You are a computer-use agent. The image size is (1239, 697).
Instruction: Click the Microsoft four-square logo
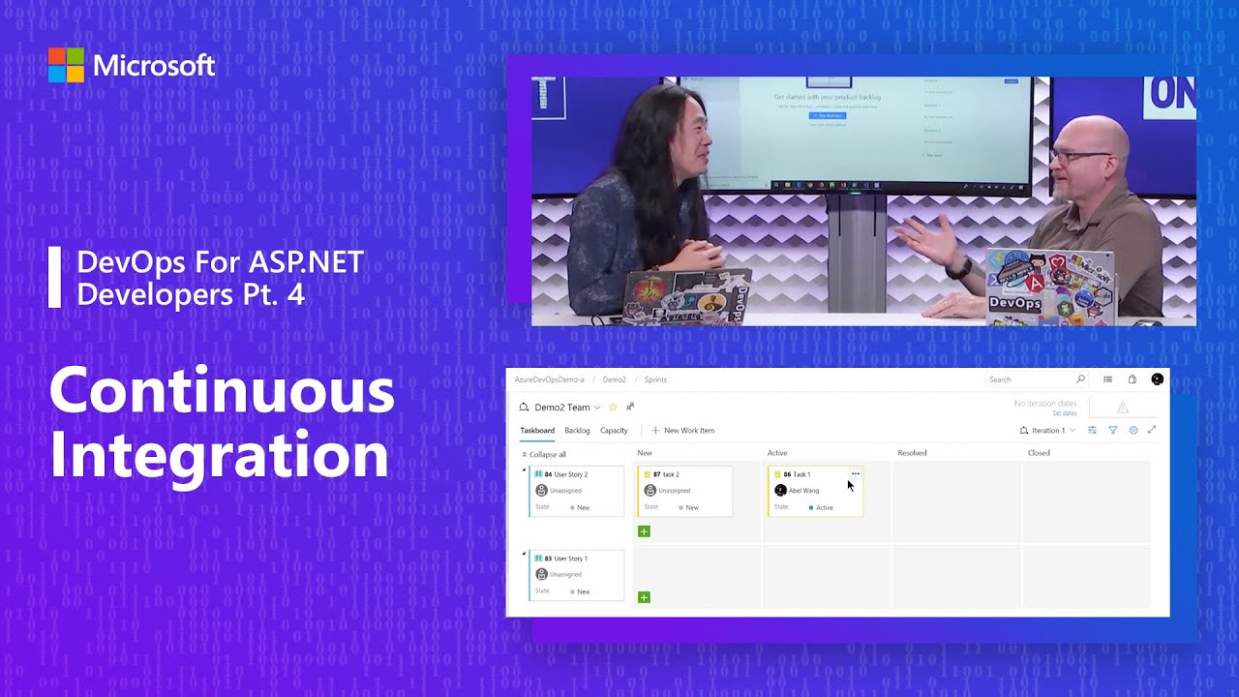[66, 65]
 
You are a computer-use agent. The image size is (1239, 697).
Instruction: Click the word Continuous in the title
[222, 392]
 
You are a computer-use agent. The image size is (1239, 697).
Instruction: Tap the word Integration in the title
[219, 454]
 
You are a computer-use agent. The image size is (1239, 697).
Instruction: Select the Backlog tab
[577, 431]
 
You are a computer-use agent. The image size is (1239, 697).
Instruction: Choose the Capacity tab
[614, 431]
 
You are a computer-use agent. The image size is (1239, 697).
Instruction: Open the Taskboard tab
[537, 431]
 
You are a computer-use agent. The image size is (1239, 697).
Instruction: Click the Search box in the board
[1031, 379]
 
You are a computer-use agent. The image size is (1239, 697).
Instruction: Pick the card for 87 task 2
[685, 491]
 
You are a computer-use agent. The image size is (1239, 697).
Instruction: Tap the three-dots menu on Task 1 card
[855, 473]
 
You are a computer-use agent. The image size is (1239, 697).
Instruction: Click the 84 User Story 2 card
[577, 491]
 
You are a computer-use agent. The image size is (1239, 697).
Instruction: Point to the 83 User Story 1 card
[577, 575]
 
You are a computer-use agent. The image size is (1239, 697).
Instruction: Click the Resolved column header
[912, 453]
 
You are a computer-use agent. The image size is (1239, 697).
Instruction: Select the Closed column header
[1039, 453]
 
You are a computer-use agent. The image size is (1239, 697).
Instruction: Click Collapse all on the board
[544, 454]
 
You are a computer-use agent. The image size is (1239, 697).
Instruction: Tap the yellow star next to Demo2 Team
[613, 408]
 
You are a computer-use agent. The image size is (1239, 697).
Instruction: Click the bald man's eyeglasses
[1082, 156]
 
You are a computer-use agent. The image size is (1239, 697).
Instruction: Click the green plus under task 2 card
[644, 531]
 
